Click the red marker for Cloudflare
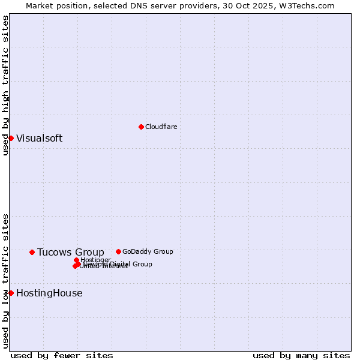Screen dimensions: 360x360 click(x=141, y=127)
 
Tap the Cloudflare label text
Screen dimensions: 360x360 click(x=161, y=127)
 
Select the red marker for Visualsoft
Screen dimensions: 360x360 click(x=11, y=138)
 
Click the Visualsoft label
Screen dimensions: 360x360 click(x=39, y=138)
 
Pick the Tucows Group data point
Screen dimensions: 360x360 click(x=32, y=252)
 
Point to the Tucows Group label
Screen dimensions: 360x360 click(x=70, y=252)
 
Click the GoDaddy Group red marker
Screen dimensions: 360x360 click(x=118, y=251)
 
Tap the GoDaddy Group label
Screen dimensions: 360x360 click(x=147, y=251)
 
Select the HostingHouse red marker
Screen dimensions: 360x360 click(x=11, y=293)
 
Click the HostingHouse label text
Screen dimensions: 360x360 click(x=49, y=293)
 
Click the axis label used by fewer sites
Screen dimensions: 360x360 click(x=62, y=355)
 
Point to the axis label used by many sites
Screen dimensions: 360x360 click(x=301, y=355)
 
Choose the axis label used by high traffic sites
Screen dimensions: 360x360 click(x=5, y=86)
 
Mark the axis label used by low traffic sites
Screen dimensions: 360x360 click(x=5, y=280)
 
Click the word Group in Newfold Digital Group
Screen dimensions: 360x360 click(x=142, y=264)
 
